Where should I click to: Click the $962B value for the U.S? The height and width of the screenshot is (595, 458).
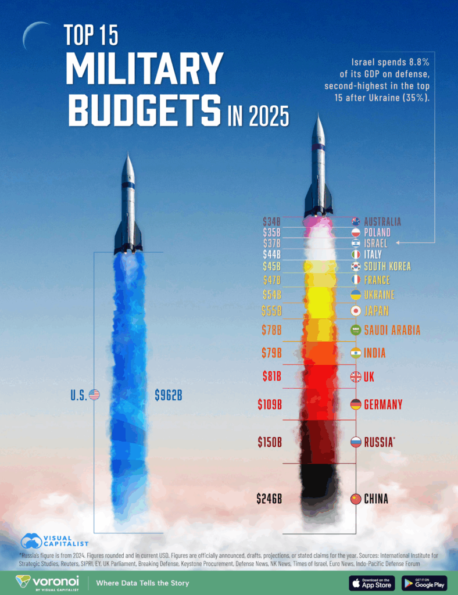[x=169, y=395]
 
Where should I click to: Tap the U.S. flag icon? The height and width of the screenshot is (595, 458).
[x=94, y=395]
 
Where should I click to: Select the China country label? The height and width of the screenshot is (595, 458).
[x=376, y=499]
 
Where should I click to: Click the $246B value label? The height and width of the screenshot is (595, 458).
[x=269, y=499]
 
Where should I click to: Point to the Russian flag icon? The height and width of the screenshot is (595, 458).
[x=356, y=442]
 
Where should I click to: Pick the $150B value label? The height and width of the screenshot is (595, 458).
[x=270, y=442]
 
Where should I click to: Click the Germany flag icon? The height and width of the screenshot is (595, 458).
[x=356, y=404]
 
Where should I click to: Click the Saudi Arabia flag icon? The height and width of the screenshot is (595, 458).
[x=356, y=330]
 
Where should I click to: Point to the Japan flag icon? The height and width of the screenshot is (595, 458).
[x=356, y=311]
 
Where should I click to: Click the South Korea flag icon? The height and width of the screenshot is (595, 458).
[x=356, y=267]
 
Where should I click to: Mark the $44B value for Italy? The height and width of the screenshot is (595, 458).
[x=271, y=254]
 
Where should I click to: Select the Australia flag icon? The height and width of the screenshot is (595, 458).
[x=356, y=221]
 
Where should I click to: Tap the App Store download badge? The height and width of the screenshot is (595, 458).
[x=372, y=582]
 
